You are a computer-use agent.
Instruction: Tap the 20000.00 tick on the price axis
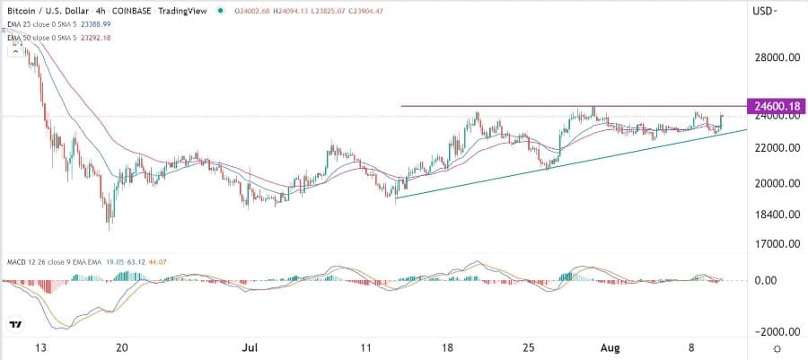[777, 183]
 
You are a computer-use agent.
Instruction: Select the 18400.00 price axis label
[777, 215]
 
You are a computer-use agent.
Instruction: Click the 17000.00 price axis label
[777, 243]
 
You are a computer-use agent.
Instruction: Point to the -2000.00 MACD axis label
[774, 331]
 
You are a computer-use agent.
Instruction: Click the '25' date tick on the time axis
[530, 347]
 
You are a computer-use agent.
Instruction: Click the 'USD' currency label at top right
[765, 11]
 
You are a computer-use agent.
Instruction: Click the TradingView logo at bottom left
[16, 324]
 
